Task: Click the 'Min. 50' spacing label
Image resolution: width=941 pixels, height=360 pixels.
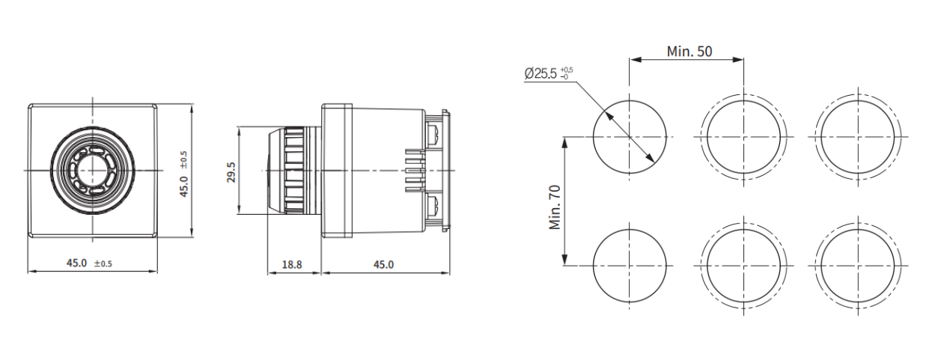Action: pos(689,51)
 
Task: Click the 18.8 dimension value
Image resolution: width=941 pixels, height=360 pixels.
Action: pos(291,263)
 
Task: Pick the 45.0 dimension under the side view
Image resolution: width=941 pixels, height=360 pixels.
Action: pos(383,263)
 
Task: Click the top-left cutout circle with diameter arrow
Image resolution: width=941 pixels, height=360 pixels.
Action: pos(630,137)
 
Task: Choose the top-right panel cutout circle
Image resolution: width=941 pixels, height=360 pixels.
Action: pos(857,137)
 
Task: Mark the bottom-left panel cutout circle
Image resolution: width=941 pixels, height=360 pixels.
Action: pos(630,266)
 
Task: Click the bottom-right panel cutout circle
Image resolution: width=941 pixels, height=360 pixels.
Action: pos(857,266)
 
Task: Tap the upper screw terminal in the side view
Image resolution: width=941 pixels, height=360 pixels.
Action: pos(433,134)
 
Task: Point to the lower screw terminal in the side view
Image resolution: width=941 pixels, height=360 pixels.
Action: pos(433,207)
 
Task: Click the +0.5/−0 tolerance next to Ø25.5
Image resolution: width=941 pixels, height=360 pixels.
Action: pos(566,73)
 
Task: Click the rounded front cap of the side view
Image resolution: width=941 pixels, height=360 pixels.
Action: pos(272,171)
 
